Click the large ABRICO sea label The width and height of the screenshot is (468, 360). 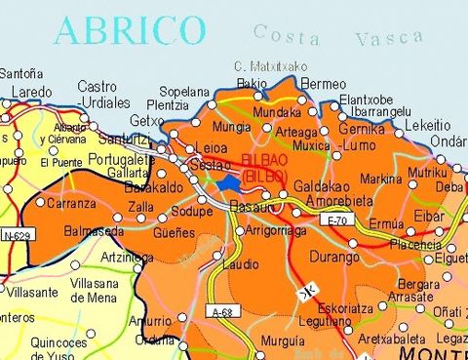click(x=130, y=30)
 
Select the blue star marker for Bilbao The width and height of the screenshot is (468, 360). click(x=229, y=182)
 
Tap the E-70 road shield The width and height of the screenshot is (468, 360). click(x=336, y=221)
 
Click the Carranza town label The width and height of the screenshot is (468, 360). click(x=71, y=204)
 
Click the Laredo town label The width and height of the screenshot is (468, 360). click(x=31, y=94)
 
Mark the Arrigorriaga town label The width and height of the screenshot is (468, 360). click(x=274, y=231)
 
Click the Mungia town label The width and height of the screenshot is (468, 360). click(x=230, y=127)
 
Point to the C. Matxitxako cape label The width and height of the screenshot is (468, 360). click(x=271, y=66)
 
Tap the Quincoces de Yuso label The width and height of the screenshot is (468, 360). click(x=63, y=348)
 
